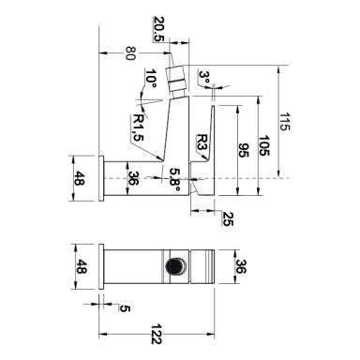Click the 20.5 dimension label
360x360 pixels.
(x=158, y=29)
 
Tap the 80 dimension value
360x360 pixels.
(x=130, y=53)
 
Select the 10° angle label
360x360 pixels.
(x=151, y=79)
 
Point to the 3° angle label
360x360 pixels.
(x=205, y=77)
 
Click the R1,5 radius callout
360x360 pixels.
(x=138, y=127)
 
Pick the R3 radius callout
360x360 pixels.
(x=202, y=142)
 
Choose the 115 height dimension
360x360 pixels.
(x=284, y=122)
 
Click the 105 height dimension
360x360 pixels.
(x=263, y=145)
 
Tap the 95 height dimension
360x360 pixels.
(x=243, y=150)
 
